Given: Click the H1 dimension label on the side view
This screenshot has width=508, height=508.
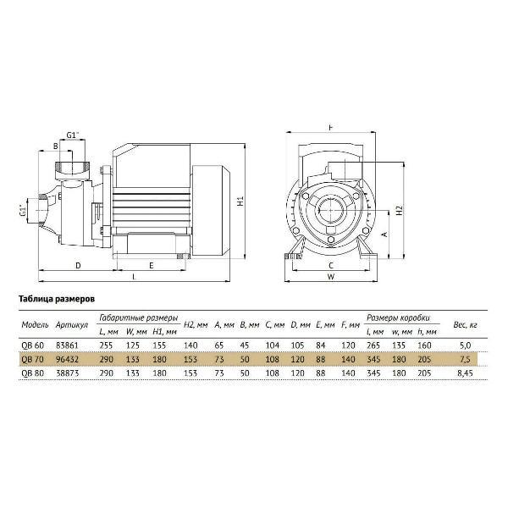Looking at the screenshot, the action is [x=240, y=201].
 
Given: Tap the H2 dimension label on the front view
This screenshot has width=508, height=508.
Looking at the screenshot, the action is [x=400, y=210].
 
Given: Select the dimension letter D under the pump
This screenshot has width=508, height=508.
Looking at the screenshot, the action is [x=78, y=266].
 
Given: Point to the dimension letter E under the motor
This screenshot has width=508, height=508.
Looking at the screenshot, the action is [x=151, y=266].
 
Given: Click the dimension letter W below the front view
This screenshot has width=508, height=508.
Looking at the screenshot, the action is [x=331, y=277].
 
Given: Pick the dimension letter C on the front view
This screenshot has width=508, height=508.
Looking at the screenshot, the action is [x=331, y=266].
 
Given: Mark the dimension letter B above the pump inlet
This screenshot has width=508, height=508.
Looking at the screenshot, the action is [x=55, y=146].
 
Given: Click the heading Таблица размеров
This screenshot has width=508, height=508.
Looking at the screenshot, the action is [x=57, y=299].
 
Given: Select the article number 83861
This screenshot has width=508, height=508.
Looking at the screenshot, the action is [x=67, y=345].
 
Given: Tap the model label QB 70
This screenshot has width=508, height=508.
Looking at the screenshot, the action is [x=32, y=359].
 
